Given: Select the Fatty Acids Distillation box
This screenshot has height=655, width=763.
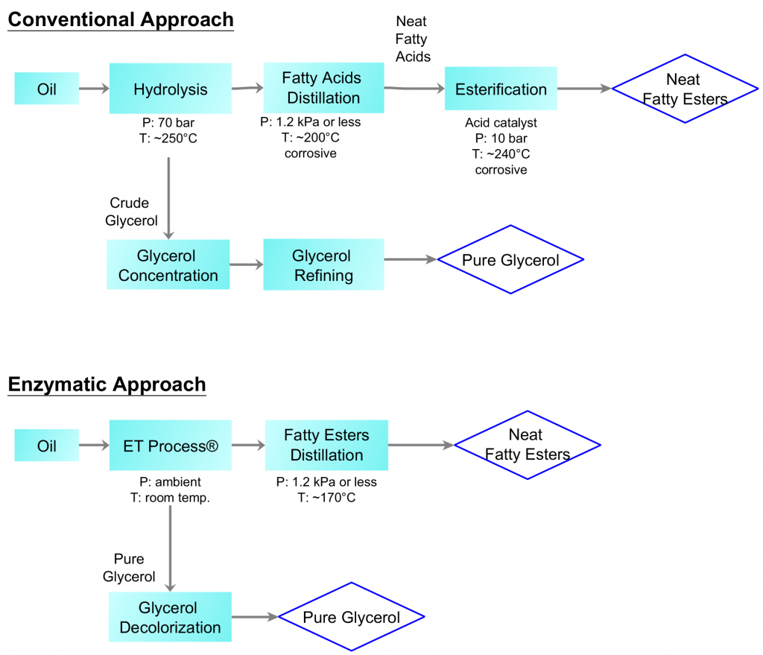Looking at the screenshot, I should [323, 88].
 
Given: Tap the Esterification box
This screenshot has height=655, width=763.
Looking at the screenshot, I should [501, 89].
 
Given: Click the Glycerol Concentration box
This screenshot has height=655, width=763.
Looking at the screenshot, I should [168, 265].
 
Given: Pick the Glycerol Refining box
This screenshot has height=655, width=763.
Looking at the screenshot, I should [323, 265].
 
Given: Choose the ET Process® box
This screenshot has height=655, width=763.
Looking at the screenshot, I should [170, 446].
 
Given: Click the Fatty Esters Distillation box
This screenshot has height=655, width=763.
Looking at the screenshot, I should [326, 445].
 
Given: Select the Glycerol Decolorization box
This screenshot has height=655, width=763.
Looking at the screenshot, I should [170, 618].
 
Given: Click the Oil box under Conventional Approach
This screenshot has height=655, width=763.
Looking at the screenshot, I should [46, 90].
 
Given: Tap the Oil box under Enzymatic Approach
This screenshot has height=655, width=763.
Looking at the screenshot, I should [46, 446].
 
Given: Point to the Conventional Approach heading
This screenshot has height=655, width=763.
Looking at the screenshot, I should [121, 19].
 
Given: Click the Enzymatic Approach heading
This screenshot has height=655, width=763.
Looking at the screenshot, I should [107, 385].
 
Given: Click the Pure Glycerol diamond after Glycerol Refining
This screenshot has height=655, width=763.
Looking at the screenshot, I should [510, 260].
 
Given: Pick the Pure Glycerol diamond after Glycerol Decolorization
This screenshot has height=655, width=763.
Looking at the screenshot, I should [351, 617].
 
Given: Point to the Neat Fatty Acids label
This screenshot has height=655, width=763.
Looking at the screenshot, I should [412, 39].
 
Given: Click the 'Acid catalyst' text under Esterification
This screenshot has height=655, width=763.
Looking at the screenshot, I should [500, 122].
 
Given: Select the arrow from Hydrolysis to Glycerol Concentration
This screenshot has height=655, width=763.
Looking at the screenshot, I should [170, 197].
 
